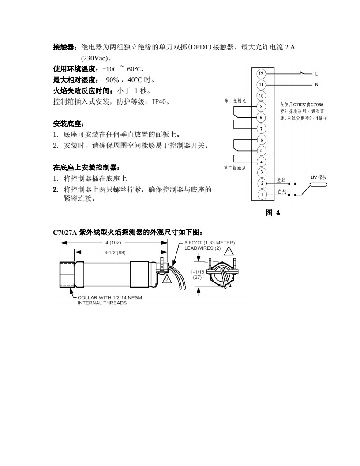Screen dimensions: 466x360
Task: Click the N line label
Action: point(316,85)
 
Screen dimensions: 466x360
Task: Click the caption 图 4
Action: point(273,213)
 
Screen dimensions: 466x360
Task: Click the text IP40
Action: point(160,101)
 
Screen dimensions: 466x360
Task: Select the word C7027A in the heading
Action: point(65,233)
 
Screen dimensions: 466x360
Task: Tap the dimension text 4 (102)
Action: point(113,243)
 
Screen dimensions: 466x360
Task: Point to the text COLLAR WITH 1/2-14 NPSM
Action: point(110,297)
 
